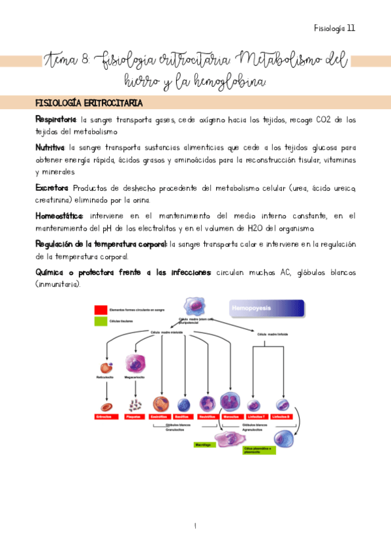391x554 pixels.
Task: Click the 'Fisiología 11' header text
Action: click(334, 28)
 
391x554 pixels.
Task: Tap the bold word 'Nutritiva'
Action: click(50, 148)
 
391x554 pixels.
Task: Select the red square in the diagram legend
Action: click(101, 309)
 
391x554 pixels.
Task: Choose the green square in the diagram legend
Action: click(101, 321)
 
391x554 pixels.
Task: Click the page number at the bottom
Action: click(195, 525)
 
